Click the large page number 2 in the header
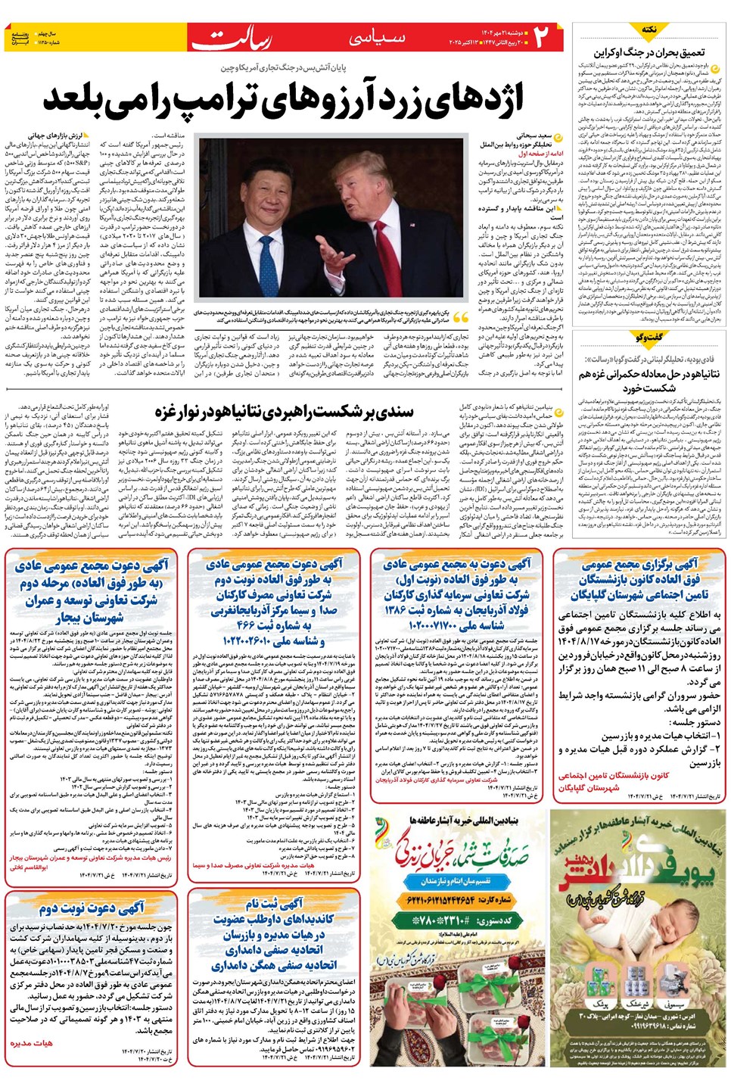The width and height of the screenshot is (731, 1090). point(542,37)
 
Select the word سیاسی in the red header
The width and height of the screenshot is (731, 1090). point(377,36)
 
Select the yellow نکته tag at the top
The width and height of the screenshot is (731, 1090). point(649,30)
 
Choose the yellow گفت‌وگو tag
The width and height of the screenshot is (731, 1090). point(649,338)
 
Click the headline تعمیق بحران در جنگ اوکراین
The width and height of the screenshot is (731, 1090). point(649,52)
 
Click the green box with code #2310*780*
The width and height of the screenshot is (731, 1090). point(459,920)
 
